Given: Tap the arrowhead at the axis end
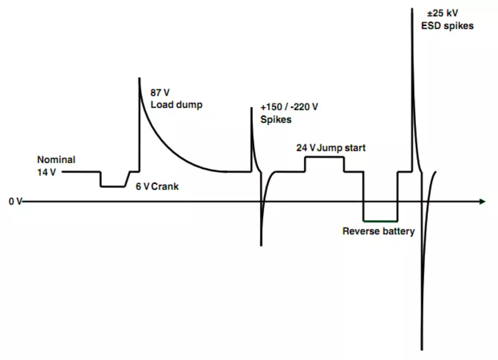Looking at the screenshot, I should [x=482, y=202].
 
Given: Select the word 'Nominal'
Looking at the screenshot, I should [x=56, y=160].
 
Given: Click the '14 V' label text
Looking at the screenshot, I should [x=47, y=172].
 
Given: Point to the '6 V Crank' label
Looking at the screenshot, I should [x=157, y=187].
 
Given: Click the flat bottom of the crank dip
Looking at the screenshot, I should [x=113, y=187].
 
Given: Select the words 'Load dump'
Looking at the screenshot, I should [x=176, y=105].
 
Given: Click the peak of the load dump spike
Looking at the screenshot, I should [x=139, y=78].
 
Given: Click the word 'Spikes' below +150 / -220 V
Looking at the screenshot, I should [x=276, y=120].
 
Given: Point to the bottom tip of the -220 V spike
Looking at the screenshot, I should [x=261, y=245].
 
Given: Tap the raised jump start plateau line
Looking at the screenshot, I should [x=324, y=157].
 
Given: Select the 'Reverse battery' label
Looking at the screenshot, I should [x=378, y=231].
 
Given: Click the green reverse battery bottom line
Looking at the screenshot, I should [x=380, y=220].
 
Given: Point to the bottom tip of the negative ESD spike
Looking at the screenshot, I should [x=422, y=348].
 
